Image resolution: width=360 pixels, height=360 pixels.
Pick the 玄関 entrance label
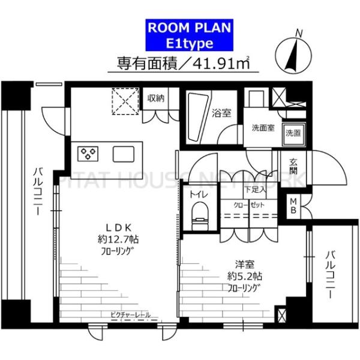coord(294,165)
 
